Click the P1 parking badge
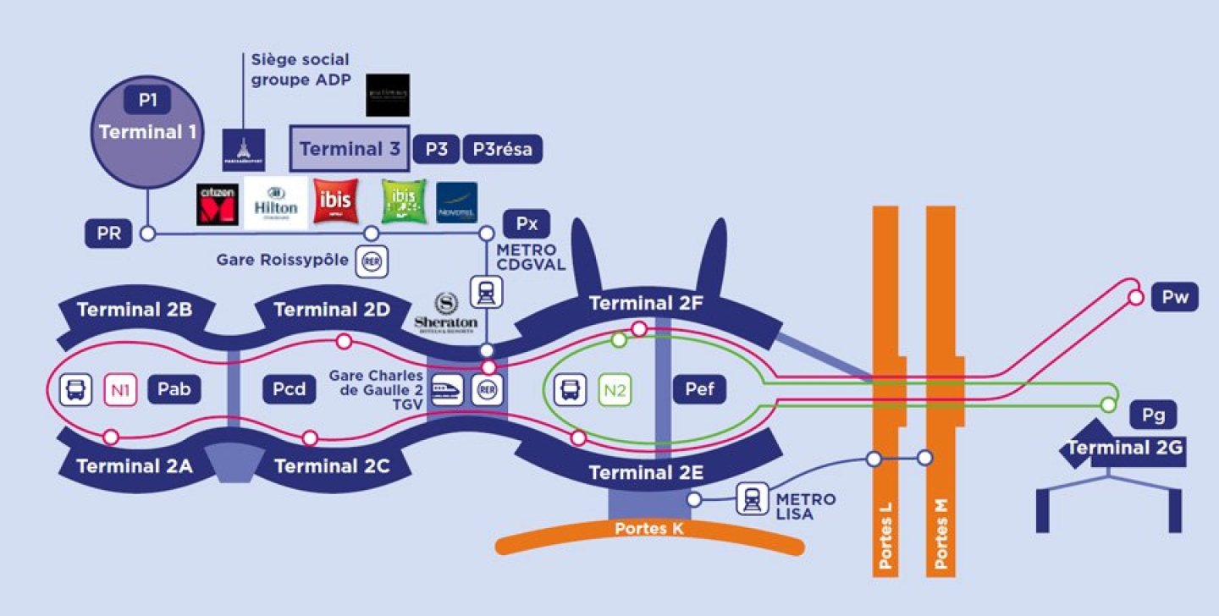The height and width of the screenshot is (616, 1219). [148, 100]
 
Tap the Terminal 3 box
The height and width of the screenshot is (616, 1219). [350, 149]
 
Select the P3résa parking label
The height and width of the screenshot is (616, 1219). [502, 149]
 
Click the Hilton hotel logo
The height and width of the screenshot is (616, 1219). [276, 203]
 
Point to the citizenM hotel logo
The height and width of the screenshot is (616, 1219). [216, 204]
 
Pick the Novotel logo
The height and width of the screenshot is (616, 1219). [457, 203]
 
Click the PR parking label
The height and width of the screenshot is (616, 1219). [109, 233]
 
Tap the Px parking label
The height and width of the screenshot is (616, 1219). [527, 224]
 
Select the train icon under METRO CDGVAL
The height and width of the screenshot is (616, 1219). [487, 292]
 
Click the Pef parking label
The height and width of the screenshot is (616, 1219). [699, 389]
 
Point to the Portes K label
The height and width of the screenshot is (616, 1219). [648, 529]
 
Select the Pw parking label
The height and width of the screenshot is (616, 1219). [1175, 298]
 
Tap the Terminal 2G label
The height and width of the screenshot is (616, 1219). [1124, 448]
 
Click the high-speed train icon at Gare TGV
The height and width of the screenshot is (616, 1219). [447, 390]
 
